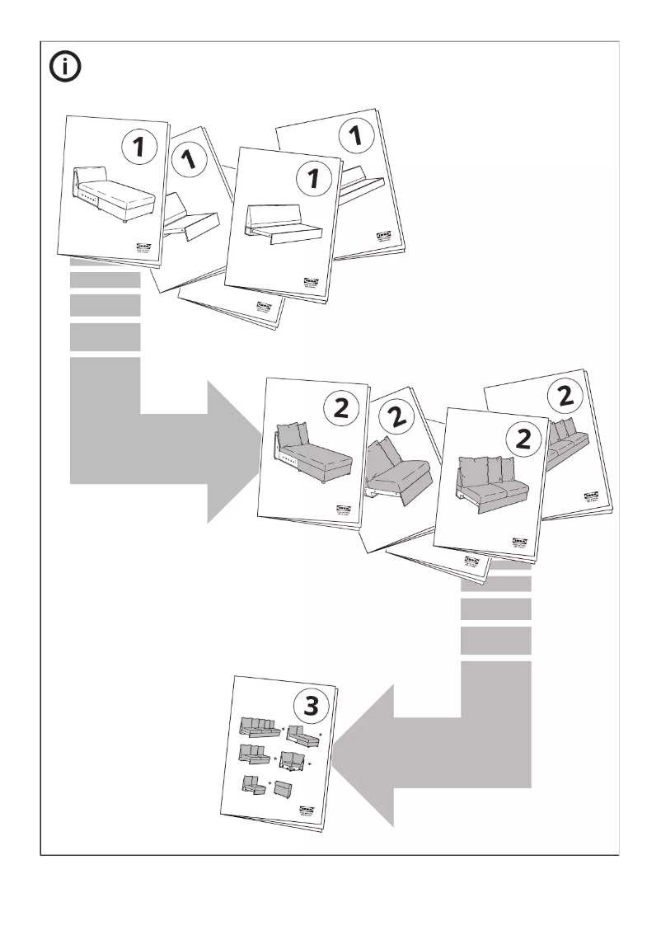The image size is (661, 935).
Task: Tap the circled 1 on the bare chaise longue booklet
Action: pyautogui.click(x=139, y=148)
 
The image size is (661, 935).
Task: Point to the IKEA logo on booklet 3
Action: pyautogui.click(x=307, y=811)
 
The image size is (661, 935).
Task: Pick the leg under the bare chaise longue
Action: pyautogui.click(x=124, y=221)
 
